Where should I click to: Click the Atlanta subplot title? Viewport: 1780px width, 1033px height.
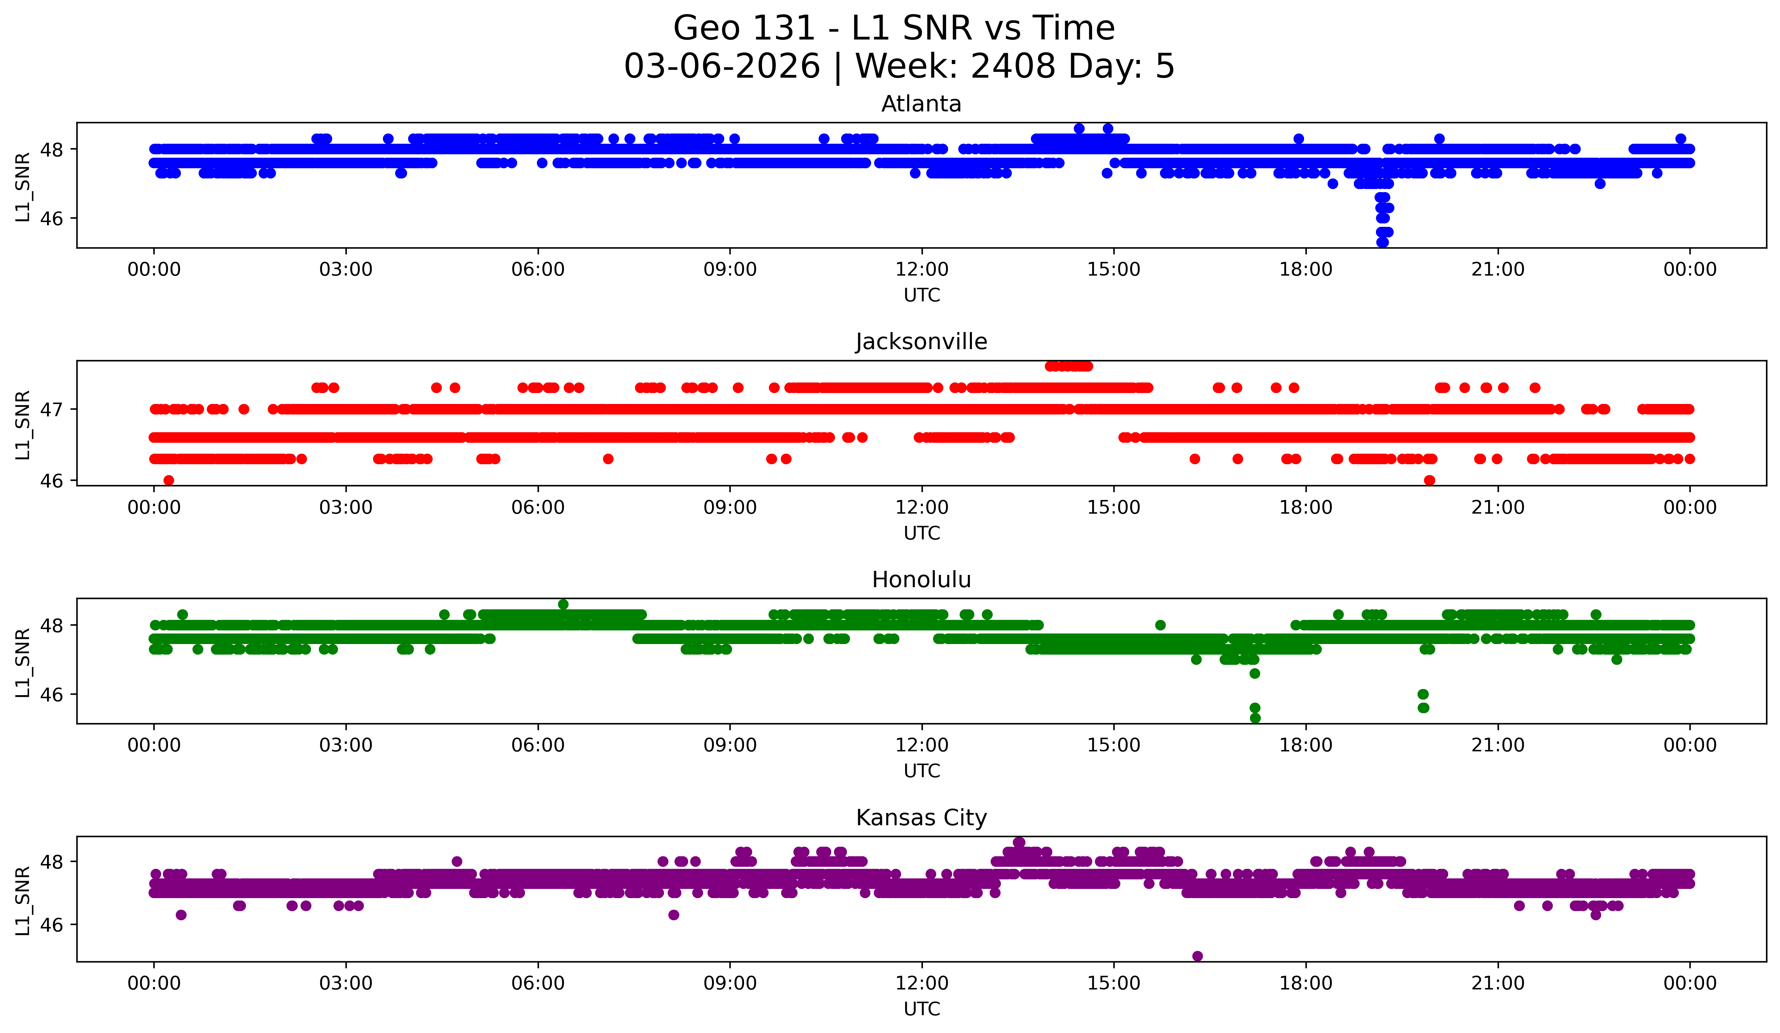tap(921, 104)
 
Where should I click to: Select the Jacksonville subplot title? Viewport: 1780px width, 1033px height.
tap(921, 342)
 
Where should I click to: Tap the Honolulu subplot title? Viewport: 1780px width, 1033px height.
tap(921, 580)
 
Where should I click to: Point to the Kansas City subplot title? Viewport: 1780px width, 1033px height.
tap(921, 818)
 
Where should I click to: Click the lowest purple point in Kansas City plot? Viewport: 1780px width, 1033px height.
tap(1197, 956)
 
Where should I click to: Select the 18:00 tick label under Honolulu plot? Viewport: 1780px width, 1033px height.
tap(1305, 745)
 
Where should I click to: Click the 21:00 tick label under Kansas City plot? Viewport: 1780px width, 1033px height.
tap(1498, 983)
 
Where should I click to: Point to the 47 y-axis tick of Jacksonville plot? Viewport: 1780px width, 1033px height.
tap(51, 409)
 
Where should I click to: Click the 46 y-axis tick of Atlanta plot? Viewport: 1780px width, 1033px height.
tap(51, 218)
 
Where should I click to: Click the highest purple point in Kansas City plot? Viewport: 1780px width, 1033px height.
tap(1019, 842)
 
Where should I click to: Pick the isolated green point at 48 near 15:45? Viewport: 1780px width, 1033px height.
tap(1160, 625)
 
